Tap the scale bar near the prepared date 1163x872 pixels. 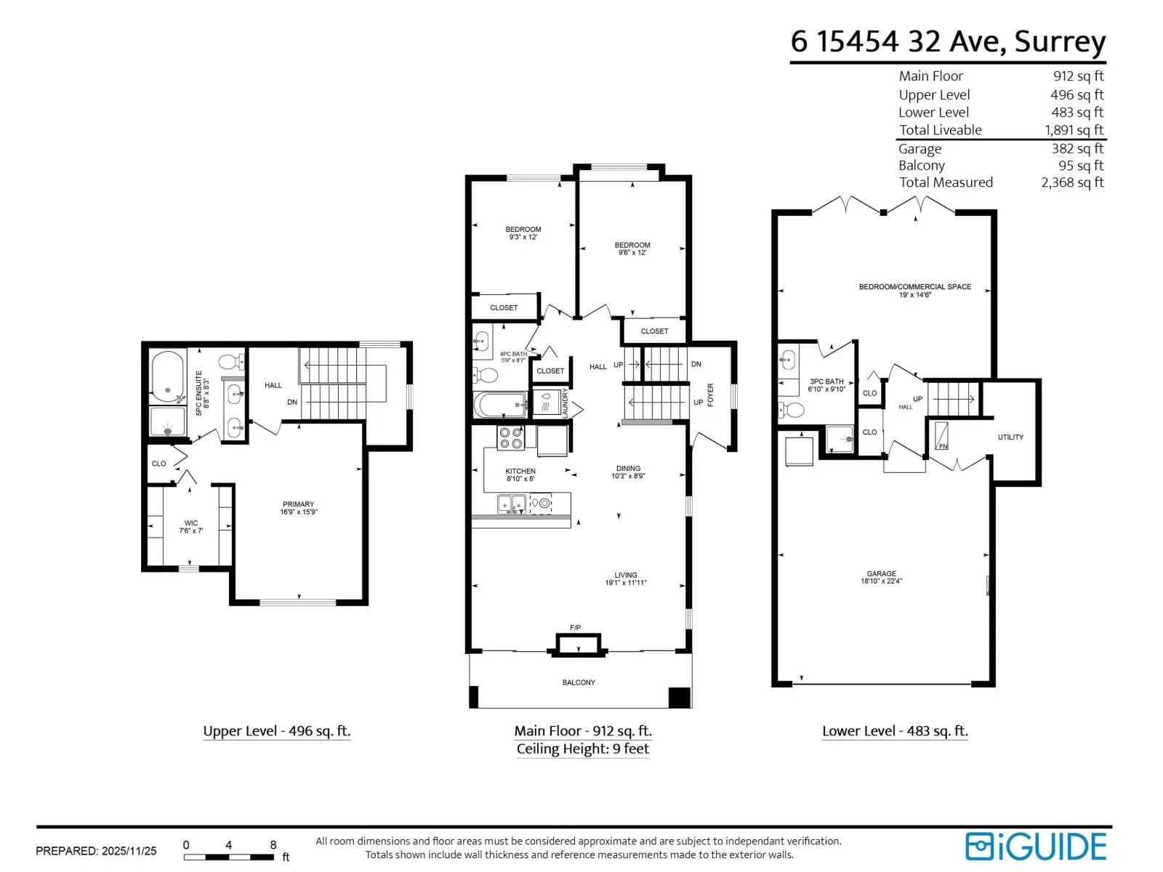(x=228, y=856)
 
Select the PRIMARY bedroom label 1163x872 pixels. (x=298, y=508)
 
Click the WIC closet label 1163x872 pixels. (x=190, y=526)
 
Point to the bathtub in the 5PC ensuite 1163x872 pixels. (x=167, y=376)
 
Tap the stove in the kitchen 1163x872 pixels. (x=510, y=437)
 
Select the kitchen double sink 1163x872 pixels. (x=511, y=503)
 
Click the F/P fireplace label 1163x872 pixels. (x=575, y=627)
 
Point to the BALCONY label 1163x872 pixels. (x=579, y=682)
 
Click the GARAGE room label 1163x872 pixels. (x=881, y=577)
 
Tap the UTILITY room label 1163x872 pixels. (x=1010, y=437)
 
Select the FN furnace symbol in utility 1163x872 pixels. (x=941, y=436)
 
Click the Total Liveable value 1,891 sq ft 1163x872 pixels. (x=1074, y=130)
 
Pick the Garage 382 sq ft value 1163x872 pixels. (x=1077, y=148)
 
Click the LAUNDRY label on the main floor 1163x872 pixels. (x=565, y=403)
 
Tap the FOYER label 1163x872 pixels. (x=710, y=395)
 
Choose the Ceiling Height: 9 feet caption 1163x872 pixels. (x=583, y=748)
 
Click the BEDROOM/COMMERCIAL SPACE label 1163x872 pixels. (x=914, y=290)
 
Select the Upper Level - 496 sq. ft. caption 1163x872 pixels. (x=277, y=730)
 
